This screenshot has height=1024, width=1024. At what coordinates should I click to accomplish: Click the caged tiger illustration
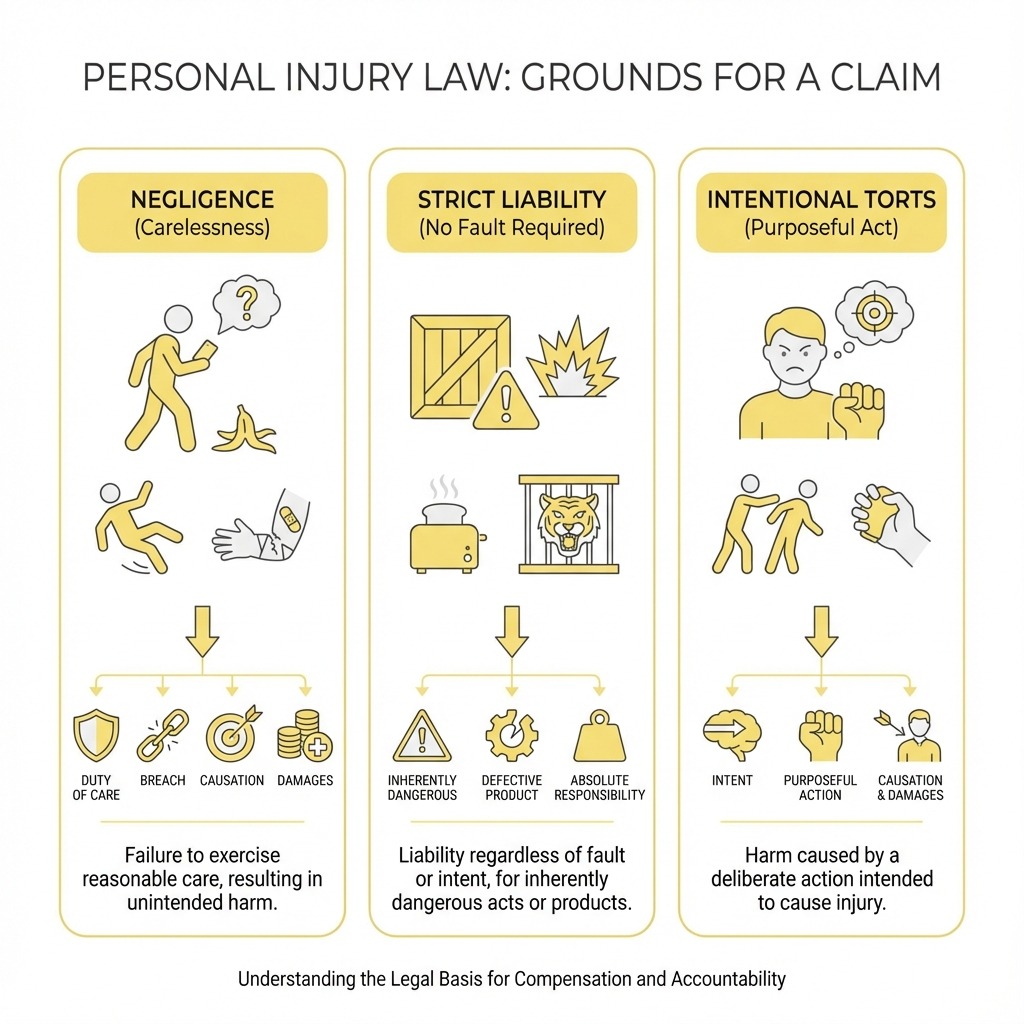point(568,524)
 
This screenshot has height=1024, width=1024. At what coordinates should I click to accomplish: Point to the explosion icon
point(572,358)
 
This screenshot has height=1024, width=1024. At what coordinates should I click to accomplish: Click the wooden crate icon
point(460,367)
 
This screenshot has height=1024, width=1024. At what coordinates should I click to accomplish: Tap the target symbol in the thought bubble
point(874,313)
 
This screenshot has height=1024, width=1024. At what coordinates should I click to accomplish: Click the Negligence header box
point(202,212)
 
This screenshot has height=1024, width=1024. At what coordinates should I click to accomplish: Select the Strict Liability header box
point(512,212)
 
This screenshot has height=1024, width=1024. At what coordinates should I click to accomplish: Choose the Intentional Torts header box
point(822,212)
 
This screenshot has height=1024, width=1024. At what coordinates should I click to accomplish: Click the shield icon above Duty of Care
point(96,735)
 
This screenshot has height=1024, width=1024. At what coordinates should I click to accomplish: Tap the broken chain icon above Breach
point(163,735)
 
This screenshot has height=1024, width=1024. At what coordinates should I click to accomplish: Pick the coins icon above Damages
point(304,735)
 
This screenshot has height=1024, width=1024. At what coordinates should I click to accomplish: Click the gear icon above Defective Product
point(512,735)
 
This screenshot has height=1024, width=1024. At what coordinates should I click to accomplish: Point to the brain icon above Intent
point(732,735)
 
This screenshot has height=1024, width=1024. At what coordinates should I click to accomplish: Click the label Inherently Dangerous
point(422,788)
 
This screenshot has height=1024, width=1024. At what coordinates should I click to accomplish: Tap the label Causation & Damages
point(910,788)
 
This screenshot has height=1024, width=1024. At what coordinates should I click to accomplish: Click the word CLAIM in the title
point(885,77)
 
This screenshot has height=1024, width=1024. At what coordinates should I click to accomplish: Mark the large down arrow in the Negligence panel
point(202,631)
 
